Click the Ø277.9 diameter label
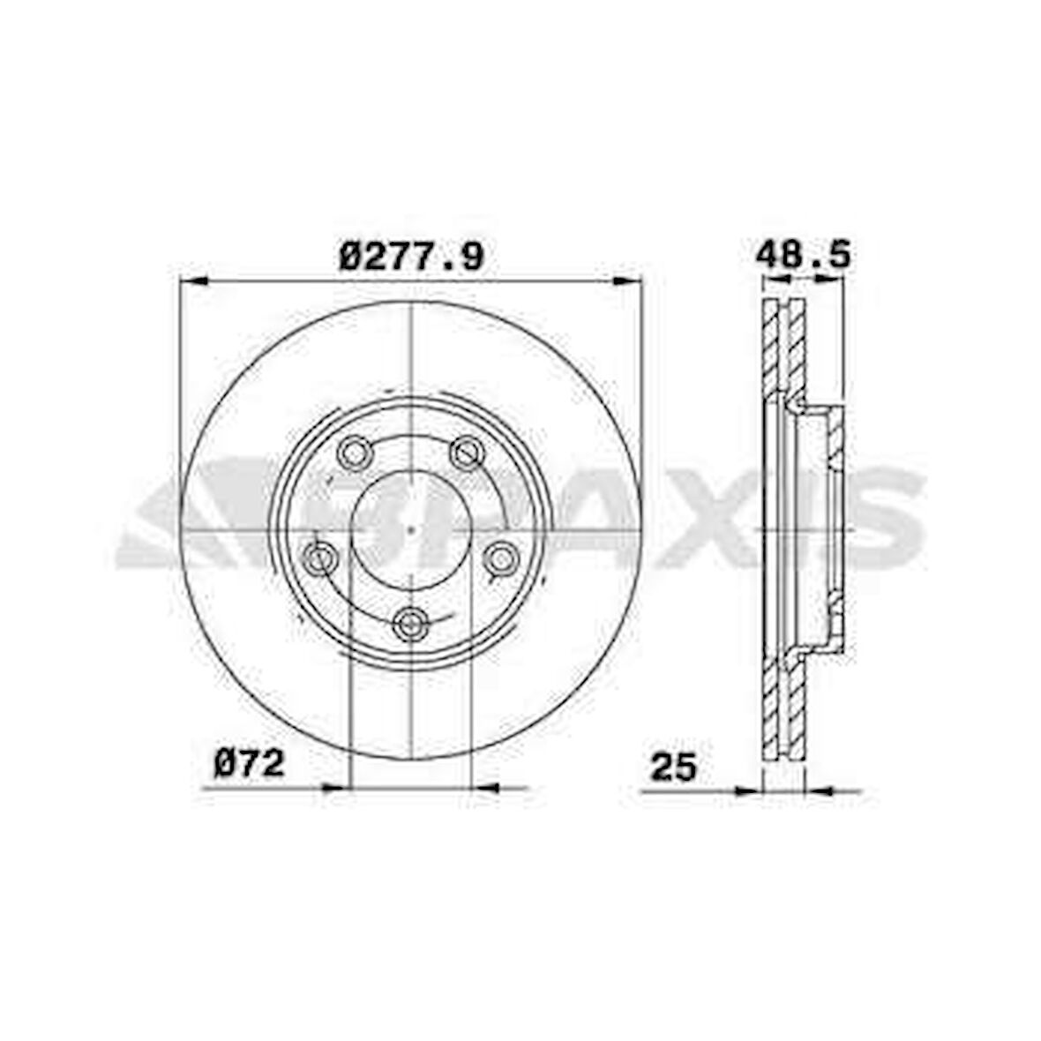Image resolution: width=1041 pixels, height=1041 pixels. pos(411,257)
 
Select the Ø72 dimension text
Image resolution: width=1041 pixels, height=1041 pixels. pos(249,762)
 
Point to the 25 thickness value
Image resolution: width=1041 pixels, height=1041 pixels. pos(673,767)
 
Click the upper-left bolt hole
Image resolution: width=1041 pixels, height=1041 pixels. pos(354,453)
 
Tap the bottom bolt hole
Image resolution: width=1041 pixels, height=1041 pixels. pos(411,624)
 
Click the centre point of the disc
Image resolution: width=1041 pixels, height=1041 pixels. pos(411,530)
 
